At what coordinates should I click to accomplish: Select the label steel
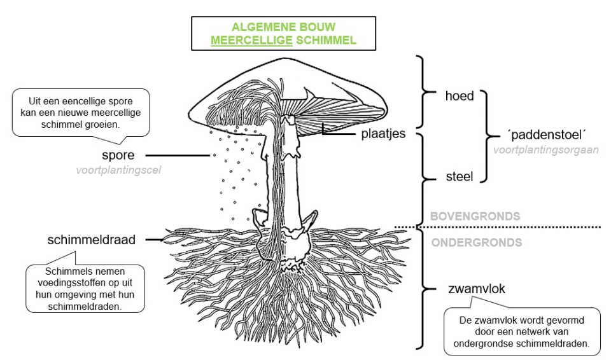(459, 176)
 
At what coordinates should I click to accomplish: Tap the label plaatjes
(383, 134)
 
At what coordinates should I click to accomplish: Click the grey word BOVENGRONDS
(475, 216)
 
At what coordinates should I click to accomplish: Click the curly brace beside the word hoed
(423, 92)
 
